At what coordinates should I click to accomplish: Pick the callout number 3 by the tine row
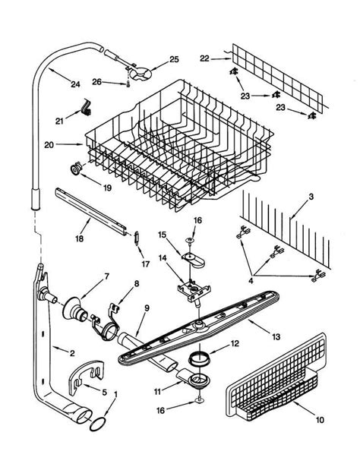tap(311, 198)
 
